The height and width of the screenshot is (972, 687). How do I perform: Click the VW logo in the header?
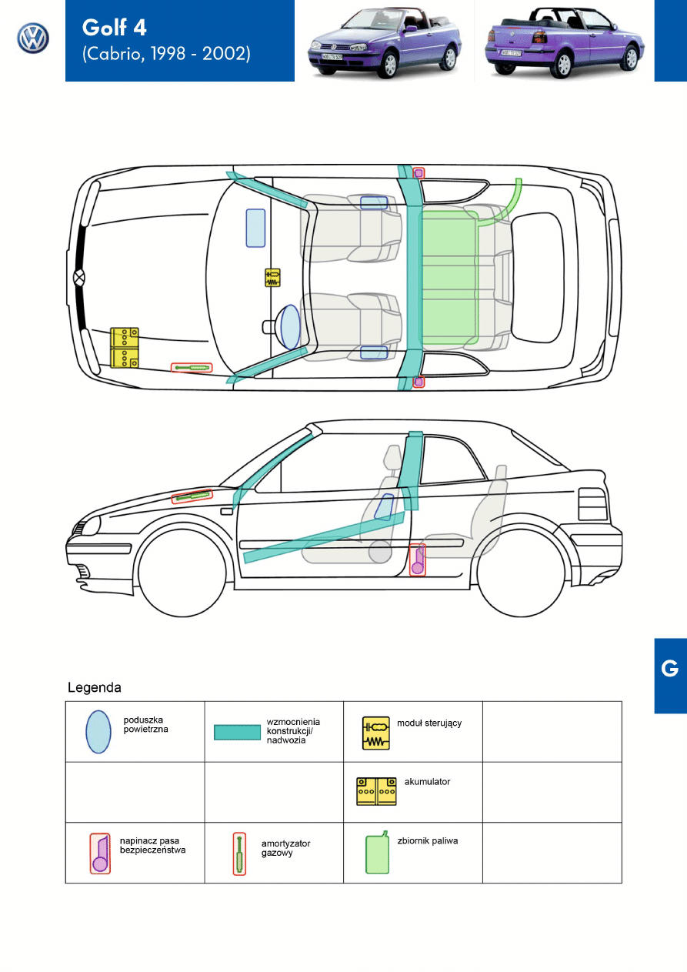pyautogui.click(x=33, y=38)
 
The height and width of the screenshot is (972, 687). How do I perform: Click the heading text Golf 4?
pyautogui.click(x=115, y=28)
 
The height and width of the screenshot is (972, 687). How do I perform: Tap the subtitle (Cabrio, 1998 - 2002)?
pyautogui.click(x=166, y=53)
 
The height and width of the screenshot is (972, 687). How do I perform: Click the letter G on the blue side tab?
pyautogui.click(x=669, y=669)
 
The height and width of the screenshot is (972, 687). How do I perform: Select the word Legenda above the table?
pyautogui.click(x=95, y=687)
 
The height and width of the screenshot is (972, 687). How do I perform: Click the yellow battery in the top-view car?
pyautogui.click(x=125, y=348)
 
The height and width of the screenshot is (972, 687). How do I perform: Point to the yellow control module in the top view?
pyautogui.click(x=272, y=278)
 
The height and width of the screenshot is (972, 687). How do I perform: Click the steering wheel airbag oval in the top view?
pyautogui.click(x=290, y=327)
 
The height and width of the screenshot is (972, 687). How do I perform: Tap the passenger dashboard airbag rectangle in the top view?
pyautogui.click(x=255, y=229)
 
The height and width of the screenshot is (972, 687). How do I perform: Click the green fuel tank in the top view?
pyautogui.click(x=450, y=278)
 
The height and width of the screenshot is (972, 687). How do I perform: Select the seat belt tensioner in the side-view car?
pyautogui.click(x=418, y=559)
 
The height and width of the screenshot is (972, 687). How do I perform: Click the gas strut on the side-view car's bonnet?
pyautogui.click(x=192, y=496)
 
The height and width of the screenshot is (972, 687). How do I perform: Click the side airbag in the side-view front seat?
pyautogui.click(x=384, y=507)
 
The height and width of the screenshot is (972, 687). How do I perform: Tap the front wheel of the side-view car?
pyautogui.click(x=182, y=572)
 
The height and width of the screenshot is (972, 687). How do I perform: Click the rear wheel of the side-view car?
pyautogui.click(x=521, y=572)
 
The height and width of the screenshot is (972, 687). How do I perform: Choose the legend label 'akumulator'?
pyautogui.click(x=427, y=781)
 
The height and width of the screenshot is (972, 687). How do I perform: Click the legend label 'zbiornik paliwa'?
pyautogui.click(x=428, y=841)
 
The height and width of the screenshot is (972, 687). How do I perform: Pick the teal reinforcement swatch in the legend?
pyautogui.click(x=237, y=733)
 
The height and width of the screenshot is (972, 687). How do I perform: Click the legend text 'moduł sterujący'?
pyautogui.click(x=429, y=723)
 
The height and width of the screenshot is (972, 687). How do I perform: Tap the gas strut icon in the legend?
pyautogui.click(x=239, y=853)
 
